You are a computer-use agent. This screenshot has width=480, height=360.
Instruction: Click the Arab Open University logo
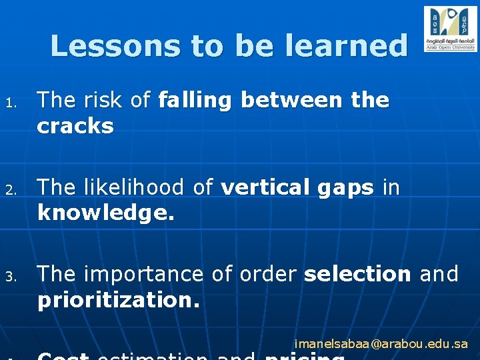pos(450,29)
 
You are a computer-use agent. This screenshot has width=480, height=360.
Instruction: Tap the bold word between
pos(291,101)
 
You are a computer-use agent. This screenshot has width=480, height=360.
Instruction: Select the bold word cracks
pos(75,127)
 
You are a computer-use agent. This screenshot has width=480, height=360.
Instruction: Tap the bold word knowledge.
pos(105,213)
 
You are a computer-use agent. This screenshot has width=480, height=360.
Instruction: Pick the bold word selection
pos(357,275)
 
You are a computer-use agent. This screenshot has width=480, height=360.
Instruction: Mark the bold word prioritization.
pos(119,300)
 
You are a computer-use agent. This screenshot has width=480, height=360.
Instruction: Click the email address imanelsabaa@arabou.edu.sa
pos(381,345)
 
